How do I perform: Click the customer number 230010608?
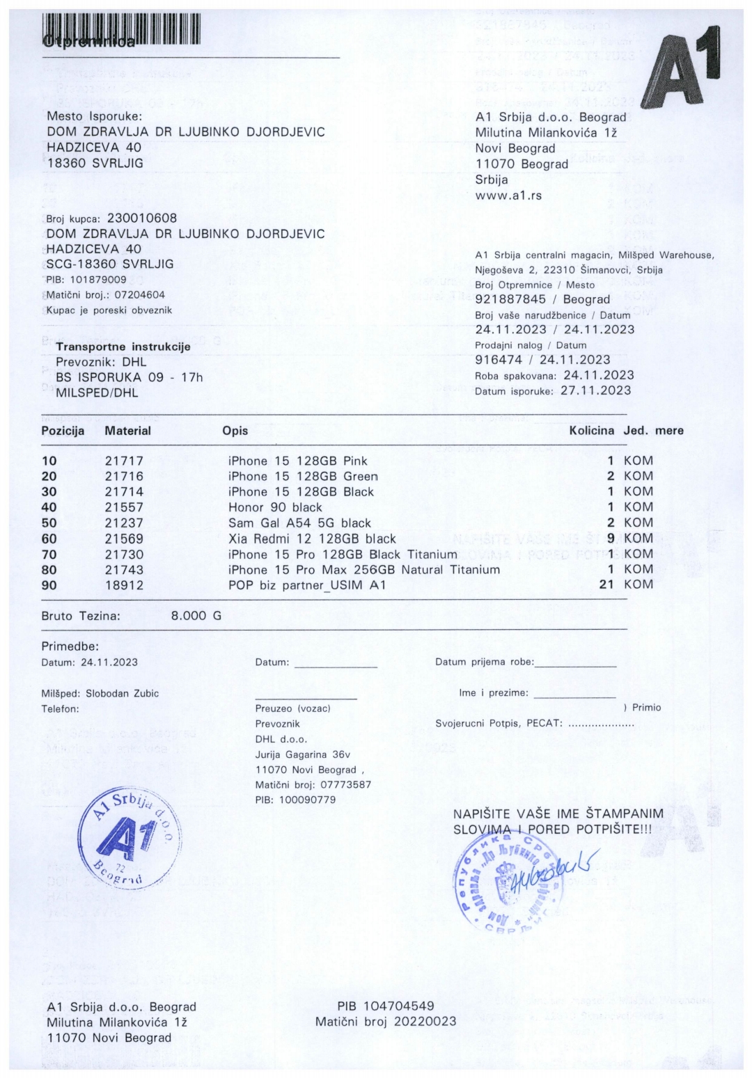142,219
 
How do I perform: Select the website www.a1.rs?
508,196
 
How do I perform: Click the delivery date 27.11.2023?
595,390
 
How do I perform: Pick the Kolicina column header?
591,431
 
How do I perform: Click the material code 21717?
124,461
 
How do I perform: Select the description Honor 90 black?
275,507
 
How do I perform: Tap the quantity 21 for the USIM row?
606,585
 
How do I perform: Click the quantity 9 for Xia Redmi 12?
611,538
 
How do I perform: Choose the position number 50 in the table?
49,523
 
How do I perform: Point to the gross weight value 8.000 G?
196,616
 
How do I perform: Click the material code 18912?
124,585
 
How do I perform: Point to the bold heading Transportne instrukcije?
123,347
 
